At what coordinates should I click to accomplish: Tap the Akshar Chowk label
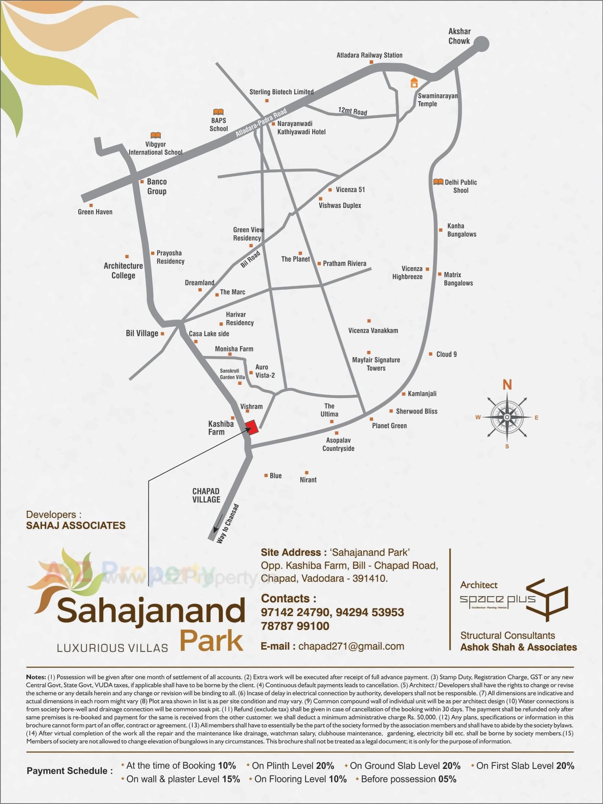click(x=459, y=36)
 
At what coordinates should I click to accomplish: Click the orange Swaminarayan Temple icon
click(x=414, y=82)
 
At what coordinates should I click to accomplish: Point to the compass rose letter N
click(x=507, y=384)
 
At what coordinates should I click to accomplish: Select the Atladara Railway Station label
click(x=369, y=55)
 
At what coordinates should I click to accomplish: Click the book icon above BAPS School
click(x=219, y=112)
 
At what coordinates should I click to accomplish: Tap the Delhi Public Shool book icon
click(x=438, y=182)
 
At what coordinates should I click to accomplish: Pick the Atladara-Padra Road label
click(x=261, y=122)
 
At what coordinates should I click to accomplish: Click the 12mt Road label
click(x=352, y=111)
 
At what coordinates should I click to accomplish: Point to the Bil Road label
click(x=251, y=259)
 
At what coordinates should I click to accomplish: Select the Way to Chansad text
click(x=227, y=524)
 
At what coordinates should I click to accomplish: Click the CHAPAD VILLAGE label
click(x=206, y=495)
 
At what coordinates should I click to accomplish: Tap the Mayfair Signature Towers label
click(x=376, y=364)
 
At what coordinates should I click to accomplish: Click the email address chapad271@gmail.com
click(x=351, y=646)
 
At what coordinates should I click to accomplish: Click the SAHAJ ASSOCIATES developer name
click(x=76, y=525)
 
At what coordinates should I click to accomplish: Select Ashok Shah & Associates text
click(x=518, y=647)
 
